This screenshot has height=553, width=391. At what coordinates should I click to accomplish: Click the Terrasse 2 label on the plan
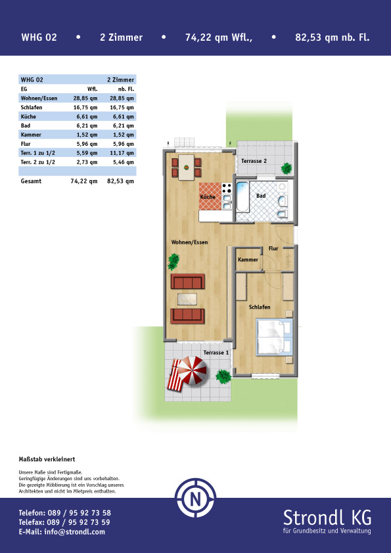[x=254, y=161]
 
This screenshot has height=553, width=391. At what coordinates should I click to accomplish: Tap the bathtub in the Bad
[x=242, y=196]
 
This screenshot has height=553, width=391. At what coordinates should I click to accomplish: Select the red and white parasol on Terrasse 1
[x=192, y=370]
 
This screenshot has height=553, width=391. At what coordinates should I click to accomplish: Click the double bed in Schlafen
[x=275, y=337]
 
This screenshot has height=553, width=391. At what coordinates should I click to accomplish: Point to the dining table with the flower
[x=187, y=167]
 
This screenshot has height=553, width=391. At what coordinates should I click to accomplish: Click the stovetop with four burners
[x=227, y=188]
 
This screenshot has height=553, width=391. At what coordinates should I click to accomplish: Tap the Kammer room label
[x=248, y=259]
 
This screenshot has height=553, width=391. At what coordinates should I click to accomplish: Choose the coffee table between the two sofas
[x=187, y=299]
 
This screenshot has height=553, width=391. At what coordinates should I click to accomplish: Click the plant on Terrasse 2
[x=287, y=168]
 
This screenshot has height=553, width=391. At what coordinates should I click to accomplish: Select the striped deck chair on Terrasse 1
[x=175, y=375]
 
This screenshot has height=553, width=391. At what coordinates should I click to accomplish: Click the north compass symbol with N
[x=196, y=498]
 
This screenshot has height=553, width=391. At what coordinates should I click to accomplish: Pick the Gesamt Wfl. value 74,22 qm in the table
[x=84, y=181]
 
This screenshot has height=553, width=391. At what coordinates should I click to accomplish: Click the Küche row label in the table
[x=28, y=116]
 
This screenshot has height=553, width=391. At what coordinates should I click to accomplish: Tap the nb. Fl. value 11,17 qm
[x=120, y=153]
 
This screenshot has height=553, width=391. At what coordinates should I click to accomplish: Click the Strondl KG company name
[x=327, y=518]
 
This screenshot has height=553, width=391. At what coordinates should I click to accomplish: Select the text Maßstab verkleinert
[x=47, y=459]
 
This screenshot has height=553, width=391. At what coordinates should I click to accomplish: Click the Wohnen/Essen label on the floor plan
[x=189, y=242]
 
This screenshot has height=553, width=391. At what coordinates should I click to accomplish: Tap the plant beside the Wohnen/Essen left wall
[x=173, y=261]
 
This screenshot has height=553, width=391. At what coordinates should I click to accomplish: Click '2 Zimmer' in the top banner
[x=122, y=37]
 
